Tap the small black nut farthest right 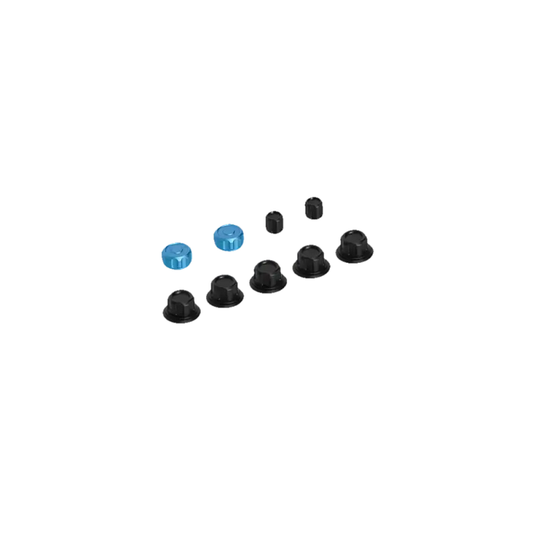(x=312, y=207)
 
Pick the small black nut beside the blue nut (x=273, y=221)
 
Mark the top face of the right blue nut (x=226, y=231)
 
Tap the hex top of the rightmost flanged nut (x=353, y=236)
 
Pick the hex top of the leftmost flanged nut (x=181, y=296)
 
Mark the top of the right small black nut (x=312, y=201)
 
